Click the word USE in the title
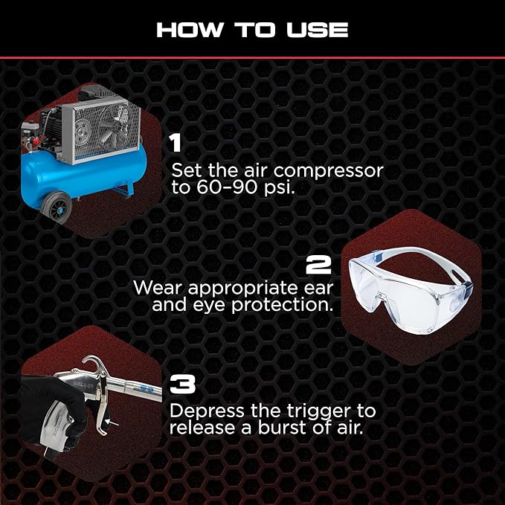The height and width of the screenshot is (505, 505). click(318, 30)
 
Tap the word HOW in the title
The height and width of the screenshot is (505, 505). click(190, 30)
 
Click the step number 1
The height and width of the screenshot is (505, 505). click(176, 143)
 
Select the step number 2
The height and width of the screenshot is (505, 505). click(318, 265)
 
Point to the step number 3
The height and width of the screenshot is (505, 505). click(183, 384)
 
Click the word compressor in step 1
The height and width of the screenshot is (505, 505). click(329, 171)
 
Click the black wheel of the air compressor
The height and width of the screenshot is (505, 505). click(57, 207)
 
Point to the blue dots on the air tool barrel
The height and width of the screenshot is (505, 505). click(147, 389)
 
